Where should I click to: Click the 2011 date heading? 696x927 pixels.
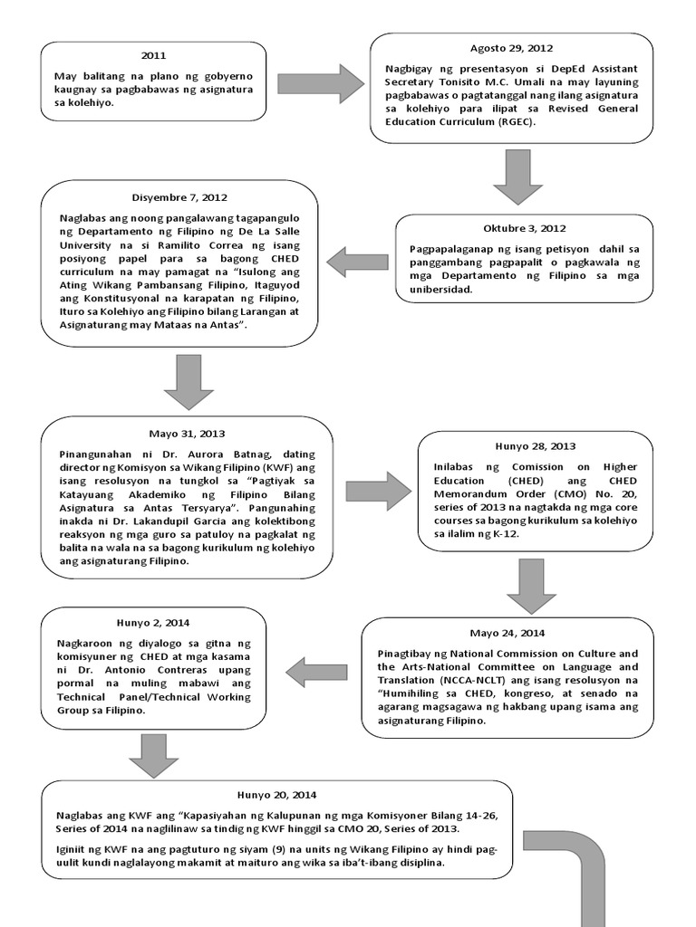[154, 56]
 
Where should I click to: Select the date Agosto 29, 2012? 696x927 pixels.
[511, 48]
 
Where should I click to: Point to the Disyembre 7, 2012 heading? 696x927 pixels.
[180, 196]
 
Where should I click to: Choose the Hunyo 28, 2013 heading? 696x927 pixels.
[535, 445]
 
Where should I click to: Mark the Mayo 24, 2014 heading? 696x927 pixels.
[507, 632]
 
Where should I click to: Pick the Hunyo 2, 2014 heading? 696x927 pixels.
[153, 622]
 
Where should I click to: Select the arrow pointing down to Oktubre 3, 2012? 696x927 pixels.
[517, 177]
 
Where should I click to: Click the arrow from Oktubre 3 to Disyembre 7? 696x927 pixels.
[357, 263]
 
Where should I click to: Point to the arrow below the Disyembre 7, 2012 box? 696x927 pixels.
[188, 381]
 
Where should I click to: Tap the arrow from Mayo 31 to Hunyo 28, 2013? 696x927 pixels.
[378, 491]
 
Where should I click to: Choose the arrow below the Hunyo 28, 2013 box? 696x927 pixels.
[531, 586]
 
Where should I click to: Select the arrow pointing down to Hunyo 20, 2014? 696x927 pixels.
[154, 754]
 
